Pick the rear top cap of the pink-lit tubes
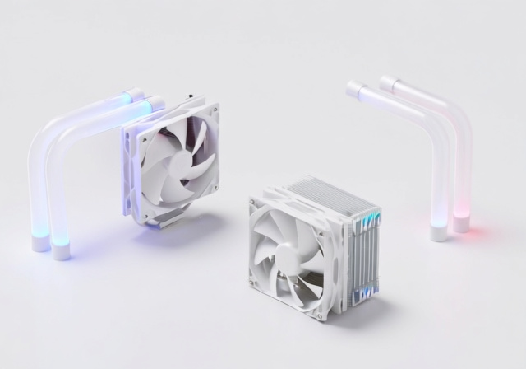click(387, 83)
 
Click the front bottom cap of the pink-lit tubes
click(439, 232)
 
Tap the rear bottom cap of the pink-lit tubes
click(462, 222)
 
